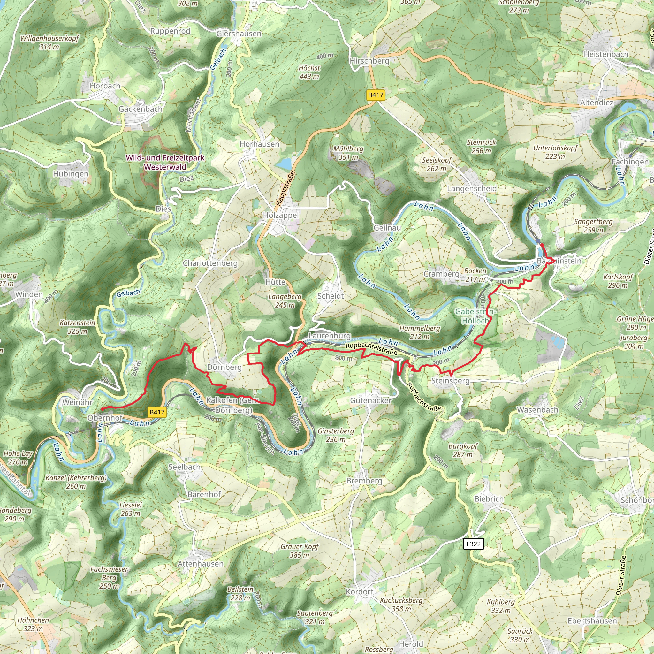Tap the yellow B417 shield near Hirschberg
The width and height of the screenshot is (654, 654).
[x=376, y=95]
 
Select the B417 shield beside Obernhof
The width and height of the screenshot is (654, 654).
[x=157, y=412]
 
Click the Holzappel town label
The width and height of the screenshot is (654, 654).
[x=281, y=215]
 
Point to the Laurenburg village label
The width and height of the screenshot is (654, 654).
[x=329, y=336]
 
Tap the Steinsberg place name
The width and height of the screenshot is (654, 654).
[x=450, y=380]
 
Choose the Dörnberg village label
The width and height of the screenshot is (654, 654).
[x=224, y=367]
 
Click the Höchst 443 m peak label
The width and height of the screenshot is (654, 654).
[x=309, y=72]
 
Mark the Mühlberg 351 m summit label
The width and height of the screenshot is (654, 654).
[x=348, y=153]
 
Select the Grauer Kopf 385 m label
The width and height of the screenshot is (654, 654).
[x=300, y=551]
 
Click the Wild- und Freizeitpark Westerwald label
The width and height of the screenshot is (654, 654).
[x=165, y=162]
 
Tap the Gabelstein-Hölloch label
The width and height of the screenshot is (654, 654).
[x=475, y=316]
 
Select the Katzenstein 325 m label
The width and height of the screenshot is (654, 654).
[x=77, y=327]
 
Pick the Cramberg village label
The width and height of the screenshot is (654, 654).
[x=441, y=274]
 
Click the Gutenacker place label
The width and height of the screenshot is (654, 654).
[x=371, y=400]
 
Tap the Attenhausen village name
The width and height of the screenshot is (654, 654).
[x=201, y=564]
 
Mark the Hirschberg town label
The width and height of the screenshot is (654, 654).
[x=369, y=61]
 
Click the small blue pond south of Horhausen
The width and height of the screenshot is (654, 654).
[x=284, y=164]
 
